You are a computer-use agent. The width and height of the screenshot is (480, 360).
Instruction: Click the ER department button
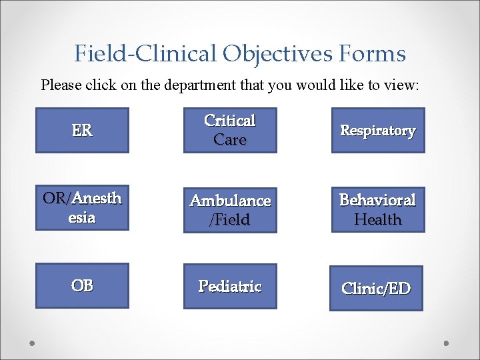click(82, 131)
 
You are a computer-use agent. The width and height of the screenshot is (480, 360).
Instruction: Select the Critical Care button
click(230, 131)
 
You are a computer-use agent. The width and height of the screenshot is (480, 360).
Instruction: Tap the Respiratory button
click(378, 131)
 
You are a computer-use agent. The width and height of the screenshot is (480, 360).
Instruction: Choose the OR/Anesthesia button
click(82, 208)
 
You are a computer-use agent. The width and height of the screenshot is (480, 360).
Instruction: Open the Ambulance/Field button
click(230, 210)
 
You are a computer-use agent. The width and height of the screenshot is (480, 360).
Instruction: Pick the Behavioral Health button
click(378, 209)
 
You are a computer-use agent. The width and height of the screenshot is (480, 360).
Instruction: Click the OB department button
click(82, 285)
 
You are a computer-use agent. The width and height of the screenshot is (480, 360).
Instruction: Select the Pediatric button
click(230, 287)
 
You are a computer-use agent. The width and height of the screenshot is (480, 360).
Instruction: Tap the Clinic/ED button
click(376, 289)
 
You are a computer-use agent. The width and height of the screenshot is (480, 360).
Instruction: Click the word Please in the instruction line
click(59, 85)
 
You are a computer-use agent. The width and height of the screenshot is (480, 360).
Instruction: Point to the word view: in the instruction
click(401, 85)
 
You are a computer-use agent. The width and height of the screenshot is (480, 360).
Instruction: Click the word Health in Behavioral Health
click(378, 219)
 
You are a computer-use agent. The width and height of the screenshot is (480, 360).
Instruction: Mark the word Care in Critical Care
click(230, 140)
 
